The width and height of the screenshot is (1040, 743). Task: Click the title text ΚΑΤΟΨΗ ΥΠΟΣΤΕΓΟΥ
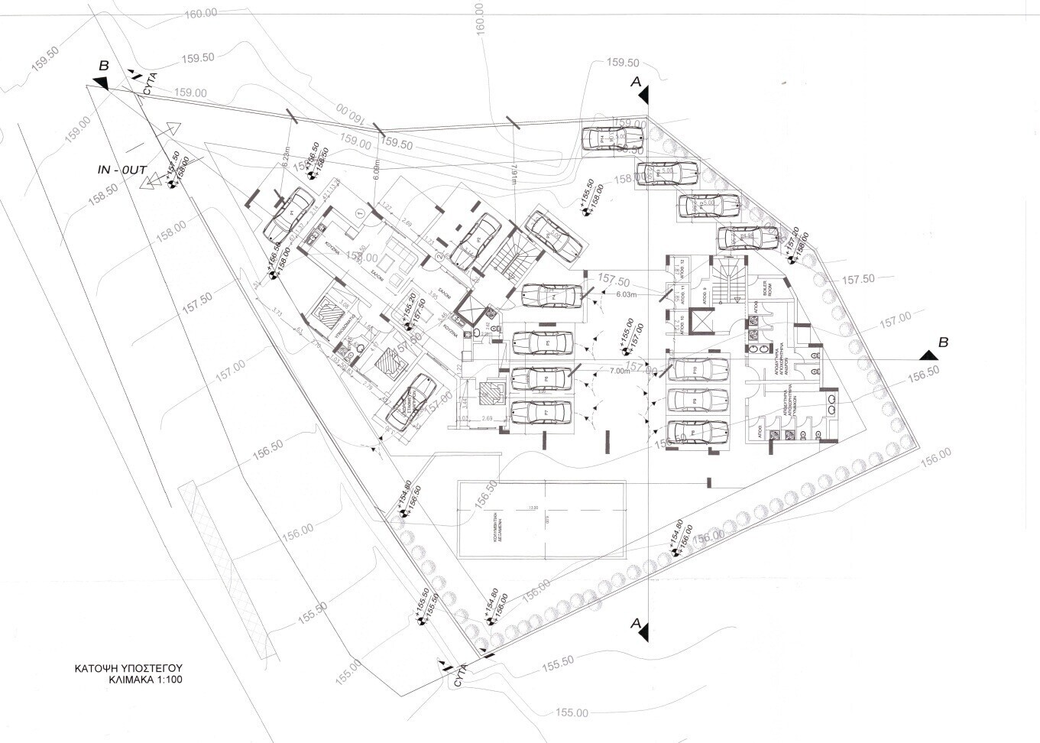pos(128,667)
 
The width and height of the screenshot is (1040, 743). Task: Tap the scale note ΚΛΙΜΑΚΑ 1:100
pos(145,679)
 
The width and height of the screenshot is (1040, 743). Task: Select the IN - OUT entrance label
pos(122,170)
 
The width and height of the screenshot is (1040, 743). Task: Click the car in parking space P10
pos(698,370)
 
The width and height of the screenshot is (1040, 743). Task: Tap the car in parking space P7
pos(542,413)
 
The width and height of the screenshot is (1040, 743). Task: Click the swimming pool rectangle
pos(541,519)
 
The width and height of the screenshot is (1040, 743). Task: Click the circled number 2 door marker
pos(439,258)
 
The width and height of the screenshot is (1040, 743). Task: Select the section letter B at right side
pos(943,342)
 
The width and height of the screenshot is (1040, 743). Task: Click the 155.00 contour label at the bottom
pos(572,713)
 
